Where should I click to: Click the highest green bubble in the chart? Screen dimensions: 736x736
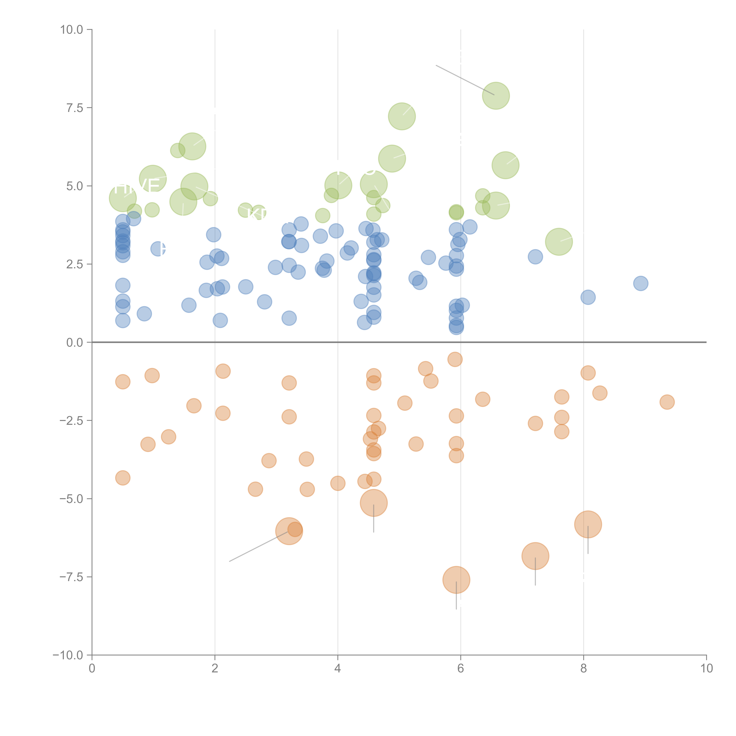(x=496, y=96)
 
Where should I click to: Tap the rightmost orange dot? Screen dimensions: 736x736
(x=667, y=402)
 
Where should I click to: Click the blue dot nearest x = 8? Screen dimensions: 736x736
(x=588, y=297)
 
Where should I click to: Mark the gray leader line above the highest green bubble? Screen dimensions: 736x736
(x=465, y=80)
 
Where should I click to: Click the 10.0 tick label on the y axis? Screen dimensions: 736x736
(x=72, y=30)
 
